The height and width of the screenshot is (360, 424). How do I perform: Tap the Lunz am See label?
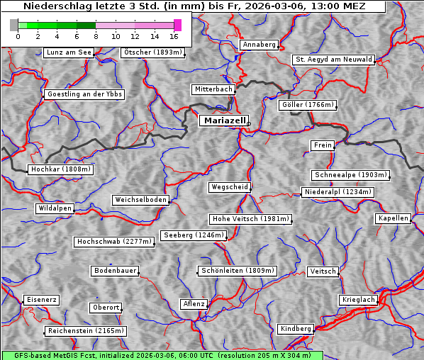pyautogui.click(x=69, y=52)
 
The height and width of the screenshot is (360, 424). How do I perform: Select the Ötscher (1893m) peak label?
pyautogui.click(x=152, y=52)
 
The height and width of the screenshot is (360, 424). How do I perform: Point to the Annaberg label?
pyautogui.click(x=259, y=45)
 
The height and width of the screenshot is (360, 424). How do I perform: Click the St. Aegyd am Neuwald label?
pyautogui.click(x=333, y=60)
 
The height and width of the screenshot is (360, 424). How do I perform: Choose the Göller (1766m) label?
pyautogui.click(x=307, y=105)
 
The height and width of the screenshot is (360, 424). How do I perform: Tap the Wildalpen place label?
pyautogui.click(x=55, y=208)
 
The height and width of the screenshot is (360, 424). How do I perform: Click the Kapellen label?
pyautogui.click(x=393, y=218)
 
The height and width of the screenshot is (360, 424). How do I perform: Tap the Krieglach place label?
pyautogui.click(x=358, y=300)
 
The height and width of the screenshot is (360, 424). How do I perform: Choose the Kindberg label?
pyautogui.click(x=296, y=329)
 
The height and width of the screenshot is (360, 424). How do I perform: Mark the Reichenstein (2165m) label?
pyautogui.click(x=86, y=331)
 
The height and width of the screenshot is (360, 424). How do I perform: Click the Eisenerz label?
pyautogui.click(x=41, y=300)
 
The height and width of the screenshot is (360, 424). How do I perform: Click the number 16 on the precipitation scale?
pyautogui.click(x=174, y=36)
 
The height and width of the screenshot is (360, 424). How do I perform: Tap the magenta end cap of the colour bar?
pyautogui.click(x=177, y=25)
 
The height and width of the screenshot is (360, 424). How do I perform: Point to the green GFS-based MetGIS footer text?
pyautogui.click(x=162, y=355)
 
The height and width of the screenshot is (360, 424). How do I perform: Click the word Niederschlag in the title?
pyautogui.click(x=53, y=6)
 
